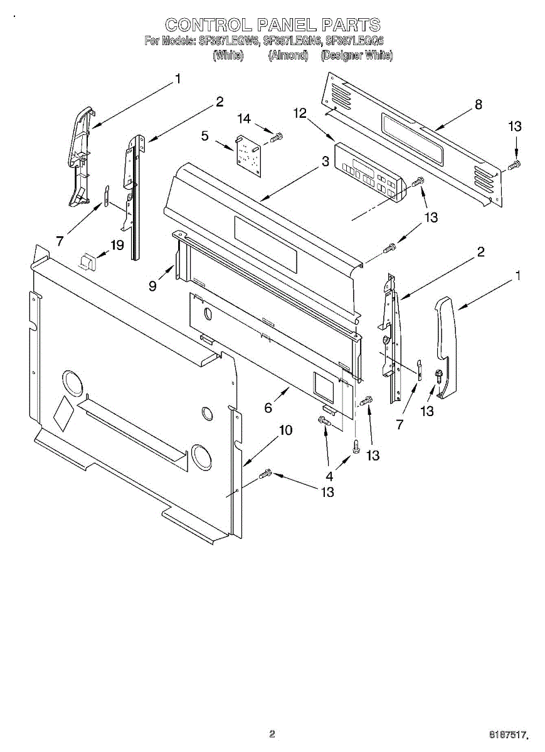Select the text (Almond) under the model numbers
[288, 55]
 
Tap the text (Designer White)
[356, 55]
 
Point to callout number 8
[479, 105]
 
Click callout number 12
[300, 113]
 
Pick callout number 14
[243, 119]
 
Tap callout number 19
[117, 245]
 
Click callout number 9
[152, 285]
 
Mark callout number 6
[268, 408]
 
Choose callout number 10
[285, 431]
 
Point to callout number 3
[325, 162]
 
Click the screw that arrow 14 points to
[277, 137]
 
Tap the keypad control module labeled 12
[367, 172]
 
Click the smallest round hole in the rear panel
[206, 414]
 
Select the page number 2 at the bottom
[272, 734]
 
